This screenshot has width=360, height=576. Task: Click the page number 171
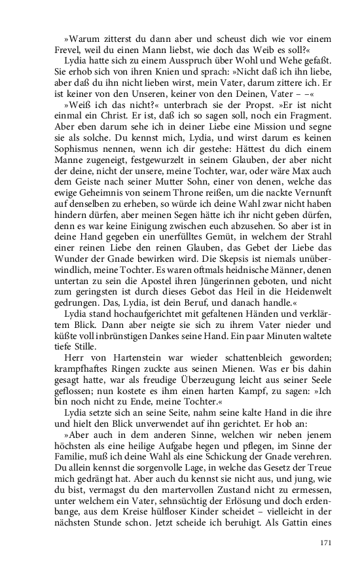326,543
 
